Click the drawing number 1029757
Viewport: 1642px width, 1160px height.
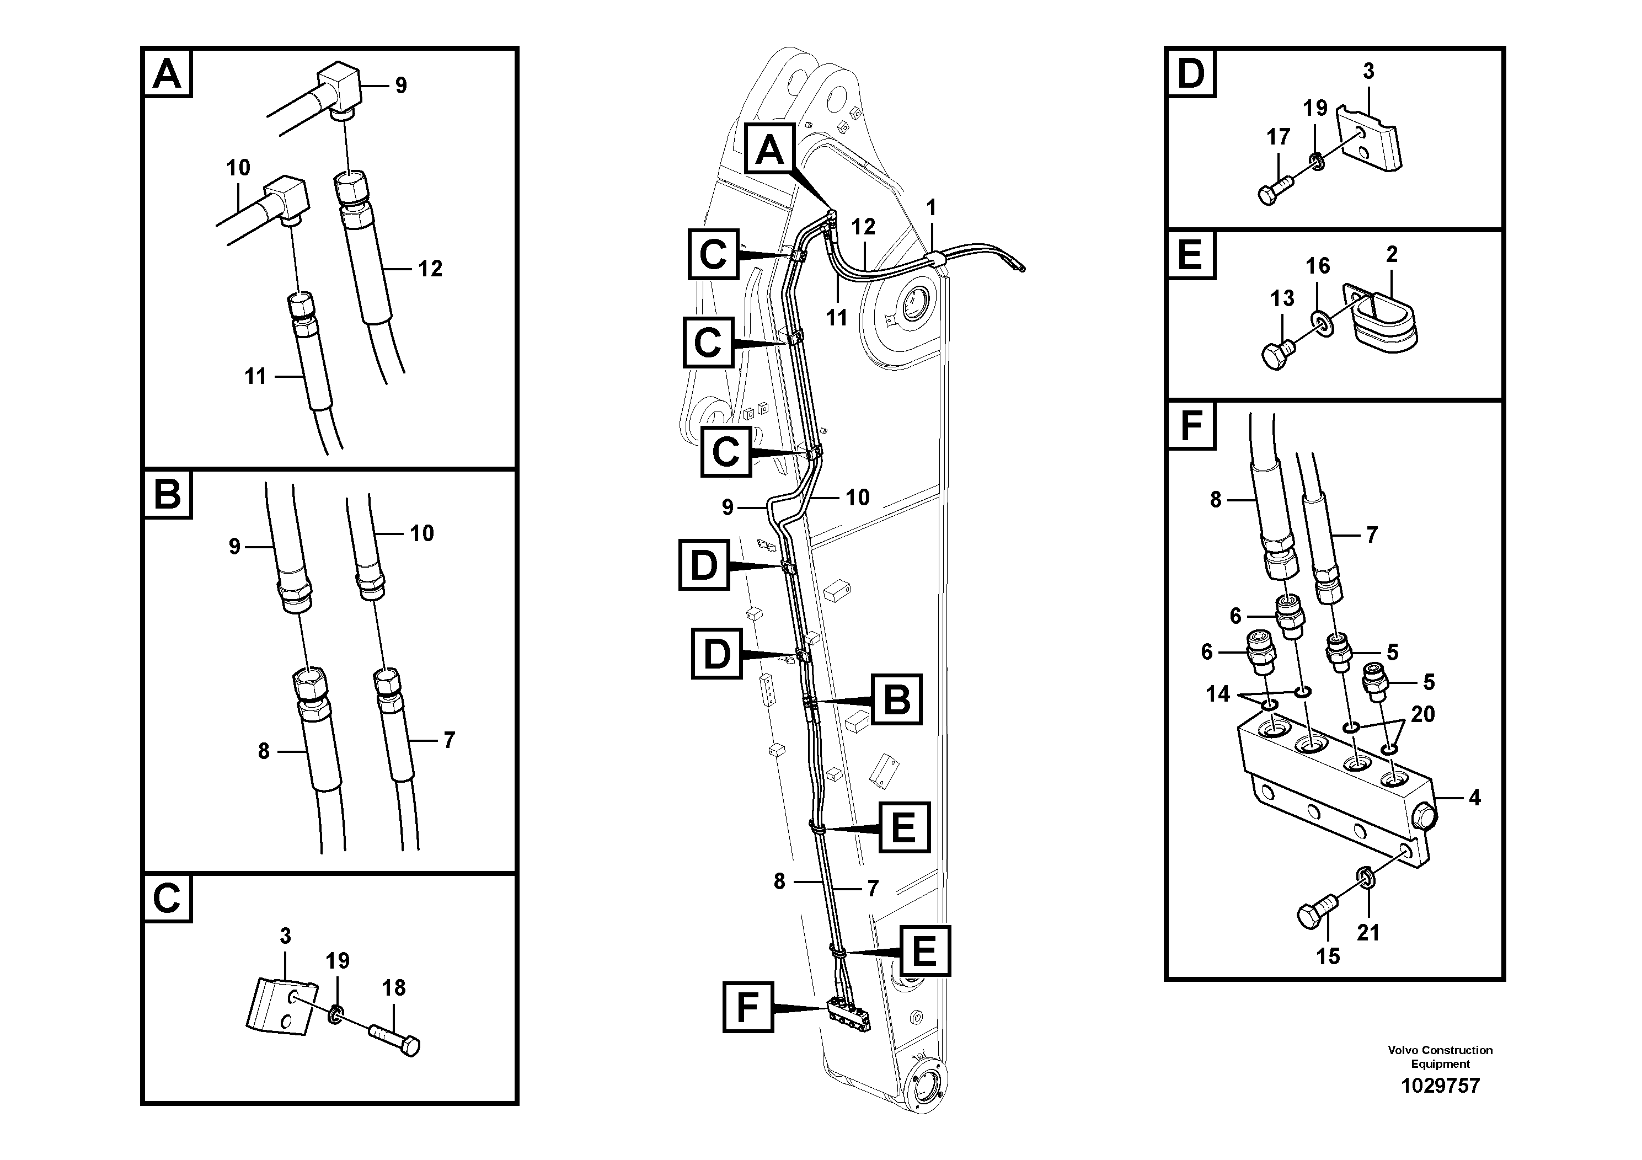click(x=1440, y=1086)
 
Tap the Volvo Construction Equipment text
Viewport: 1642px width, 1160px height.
click(x=1440, y=1056)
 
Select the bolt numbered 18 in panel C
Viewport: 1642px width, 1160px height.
click(x=394, y=1039)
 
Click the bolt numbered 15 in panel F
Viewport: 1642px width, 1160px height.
click(x=1316, y=915)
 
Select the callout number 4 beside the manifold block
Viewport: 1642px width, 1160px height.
click(x=1475, y=798)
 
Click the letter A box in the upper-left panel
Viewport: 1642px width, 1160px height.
click(x=167, y=74)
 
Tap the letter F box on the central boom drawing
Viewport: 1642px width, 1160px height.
click(x=747, y=1008)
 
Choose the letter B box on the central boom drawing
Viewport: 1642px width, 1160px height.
click(x=896, y=699)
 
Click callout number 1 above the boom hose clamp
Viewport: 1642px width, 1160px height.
click(x=930, y=208)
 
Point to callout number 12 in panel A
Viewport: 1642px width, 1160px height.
click(x=430, y=269)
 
